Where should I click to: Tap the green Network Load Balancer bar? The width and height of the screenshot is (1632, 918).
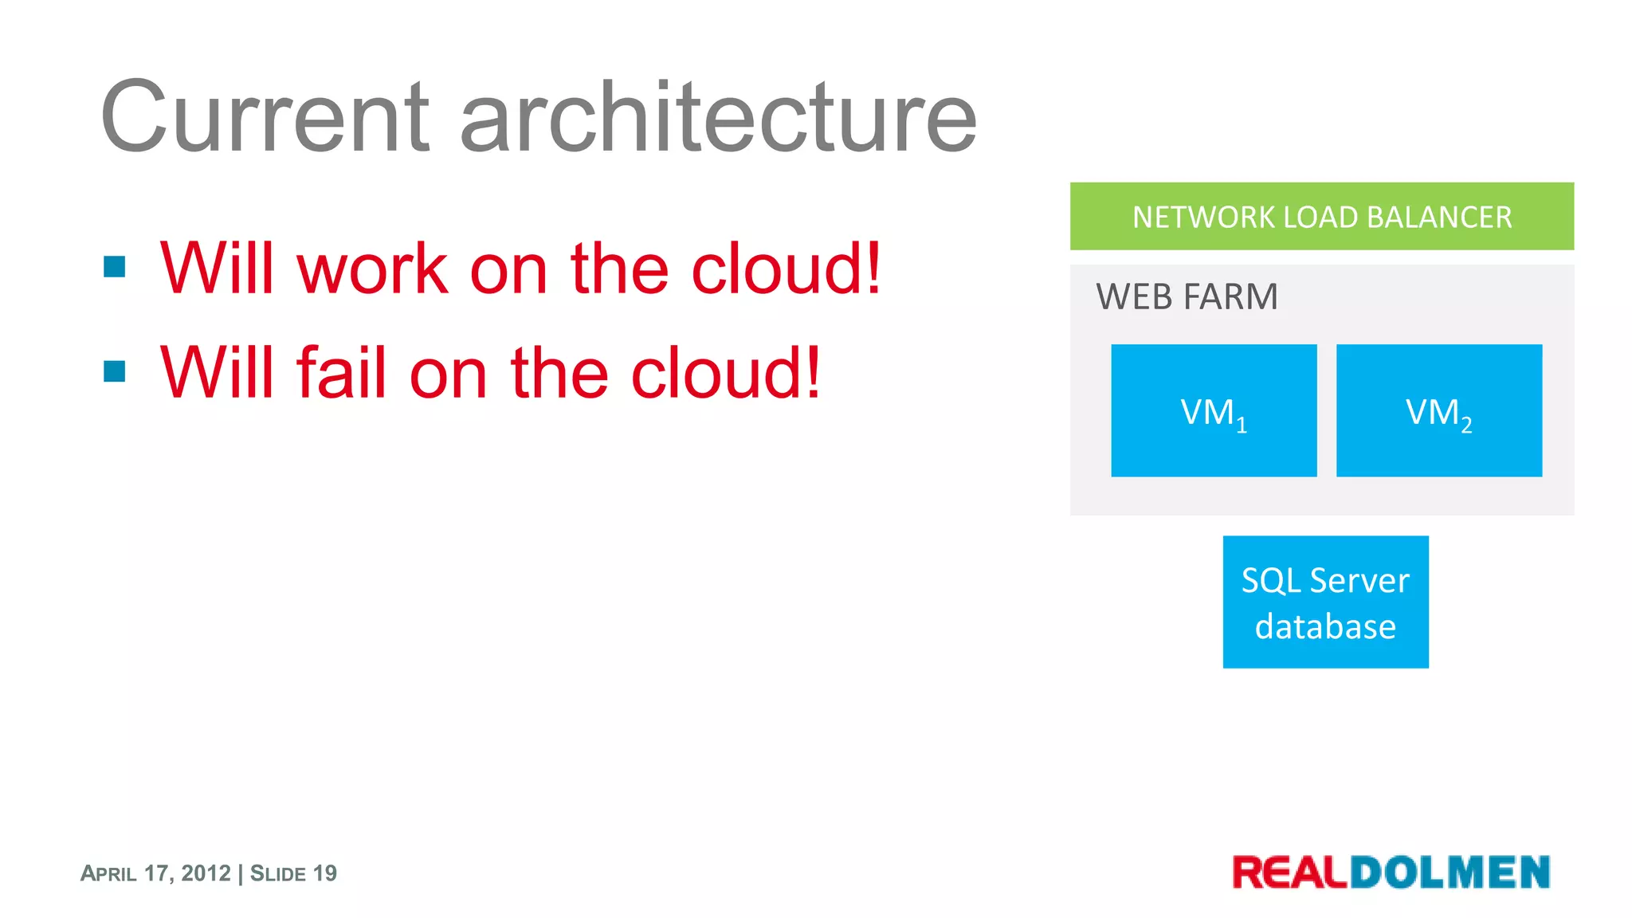click(x=1321, y=217)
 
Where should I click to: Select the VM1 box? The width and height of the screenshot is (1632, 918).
click(x=1214, y=411)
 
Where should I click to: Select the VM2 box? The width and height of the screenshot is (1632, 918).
click(x=1438, y=411)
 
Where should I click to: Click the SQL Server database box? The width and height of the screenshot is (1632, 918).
click(x=1325, y=602)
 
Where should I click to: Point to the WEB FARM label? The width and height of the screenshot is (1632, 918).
click(x=1187, y=297)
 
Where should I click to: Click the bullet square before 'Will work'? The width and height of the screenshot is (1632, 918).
click(x=115, y=267)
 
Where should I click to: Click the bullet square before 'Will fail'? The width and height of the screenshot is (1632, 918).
click(x=115, y=371)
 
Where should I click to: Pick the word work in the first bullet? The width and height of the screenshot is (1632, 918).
click(x=373, y=269)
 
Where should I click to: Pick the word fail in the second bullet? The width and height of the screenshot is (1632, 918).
click(x=342, y=373)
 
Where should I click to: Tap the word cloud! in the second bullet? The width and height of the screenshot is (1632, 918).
click(x=726, y=373)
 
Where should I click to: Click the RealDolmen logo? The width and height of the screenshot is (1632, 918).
click(x=1391, y=872)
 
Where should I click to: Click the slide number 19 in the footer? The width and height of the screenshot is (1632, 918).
click(x=325, y=873)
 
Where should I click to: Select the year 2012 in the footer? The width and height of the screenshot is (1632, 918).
click(x=206, y=873)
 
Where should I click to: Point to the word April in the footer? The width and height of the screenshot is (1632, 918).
click(x=109, y=873)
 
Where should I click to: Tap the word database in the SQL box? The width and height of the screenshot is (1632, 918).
click(x=1325, y=627)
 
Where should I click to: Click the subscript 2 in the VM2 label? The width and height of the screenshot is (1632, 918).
click(x=1466, y=426)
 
